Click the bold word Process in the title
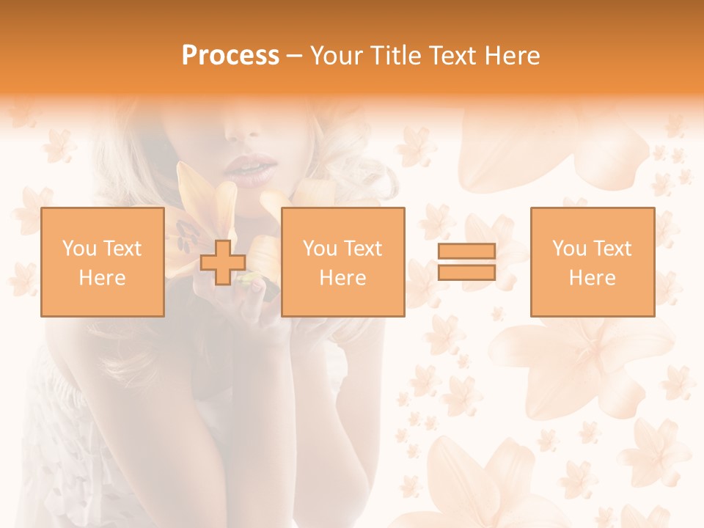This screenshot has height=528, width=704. click(x=230, y=56)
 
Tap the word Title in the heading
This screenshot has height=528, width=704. click(x=397, y=56)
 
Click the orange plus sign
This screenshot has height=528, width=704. click(x=223, y=262)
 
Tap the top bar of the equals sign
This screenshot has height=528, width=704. click(x=466, y=252)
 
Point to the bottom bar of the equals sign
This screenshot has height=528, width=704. click(x=466, y=273)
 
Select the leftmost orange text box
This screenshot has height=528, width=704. click(x=102, y=262)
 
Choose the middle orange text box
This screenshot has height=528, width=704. click(x=342, y=262)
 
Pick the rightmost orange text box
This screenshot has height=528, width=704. click(x=592, y=262)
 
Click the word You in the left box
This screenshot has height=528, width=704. click(x=79, y=249)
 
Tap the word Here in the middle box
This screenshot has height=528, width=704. click(x=342, y=278)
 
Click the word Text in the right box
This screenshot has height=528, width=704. click(x=613, y=249)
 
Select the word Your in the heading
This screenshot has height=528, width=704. click(x=337, y=56)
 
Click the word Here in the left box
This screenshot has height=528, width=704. click(x=102, y=278)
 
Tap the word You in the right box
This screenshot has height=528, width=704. click(x=570, y=249)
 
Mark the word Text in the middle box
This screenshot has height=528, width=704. click(x=364, y=249)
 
